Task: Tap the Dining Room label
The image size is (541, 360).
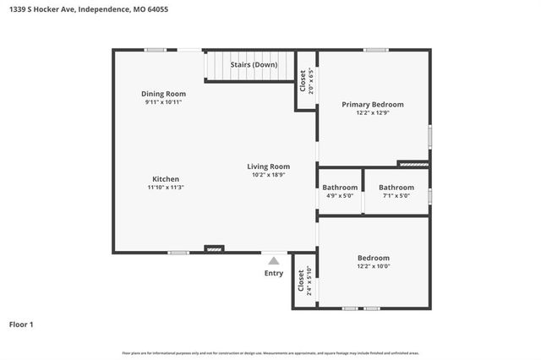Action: [x=163, y=94]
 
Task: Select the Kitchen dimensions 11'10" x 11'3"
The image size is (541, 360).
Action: [x=166, y=188]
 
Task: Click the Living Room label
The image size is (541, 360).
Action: [x=268, y=166]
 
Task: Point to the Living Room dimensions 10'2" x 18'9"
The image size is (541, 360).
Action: [x=268, y=175]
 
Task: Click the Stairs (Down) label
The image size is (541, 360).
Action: [x=254, y=65]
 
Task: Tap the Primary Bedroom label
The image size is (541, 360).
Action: [x=372, y=105]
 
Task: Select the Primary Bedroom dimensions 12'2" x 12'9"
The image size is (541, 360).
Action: [x=372, y=113]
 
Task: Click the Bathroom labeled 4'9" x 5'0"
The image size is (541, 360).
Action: [x=340, y=188]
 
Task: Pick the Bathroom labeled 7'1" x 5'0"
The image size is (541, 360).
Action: [x=396, y=188]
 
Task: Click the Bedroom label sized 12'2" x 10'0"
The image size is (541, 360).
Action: [x=372, y=258]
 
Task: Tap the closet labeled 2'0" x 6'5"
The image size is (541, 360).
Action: [x=304, y=80]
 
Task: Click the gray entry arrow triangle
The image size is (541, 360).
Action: [x=274, y=261]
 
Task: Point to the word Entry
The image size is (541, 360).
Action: [x=274, y=273]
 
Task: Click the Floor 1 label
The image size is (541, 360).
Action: [x=22, y=324]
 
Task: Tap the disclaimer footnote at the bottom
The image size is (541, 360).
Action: [x=270, y=353]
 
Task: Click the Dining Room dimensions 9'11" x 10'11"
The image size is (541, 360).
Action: [x=163, y=102]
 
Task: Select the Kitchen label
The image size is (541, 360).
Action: [x=166, y=179]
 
